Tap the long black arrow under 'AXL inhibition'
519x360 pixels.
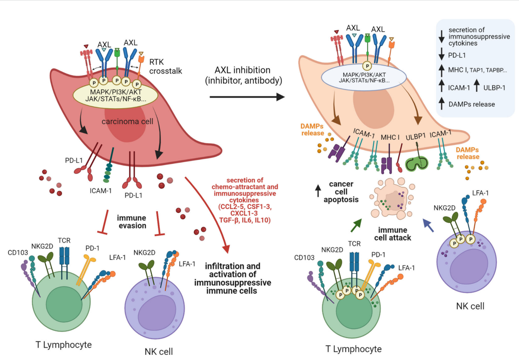tap(246, 97)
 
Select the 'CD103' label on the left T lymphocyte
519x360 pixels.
tap(18, 253)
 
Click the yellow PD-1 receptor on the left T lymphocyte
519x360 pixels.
tap(86, 269)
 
